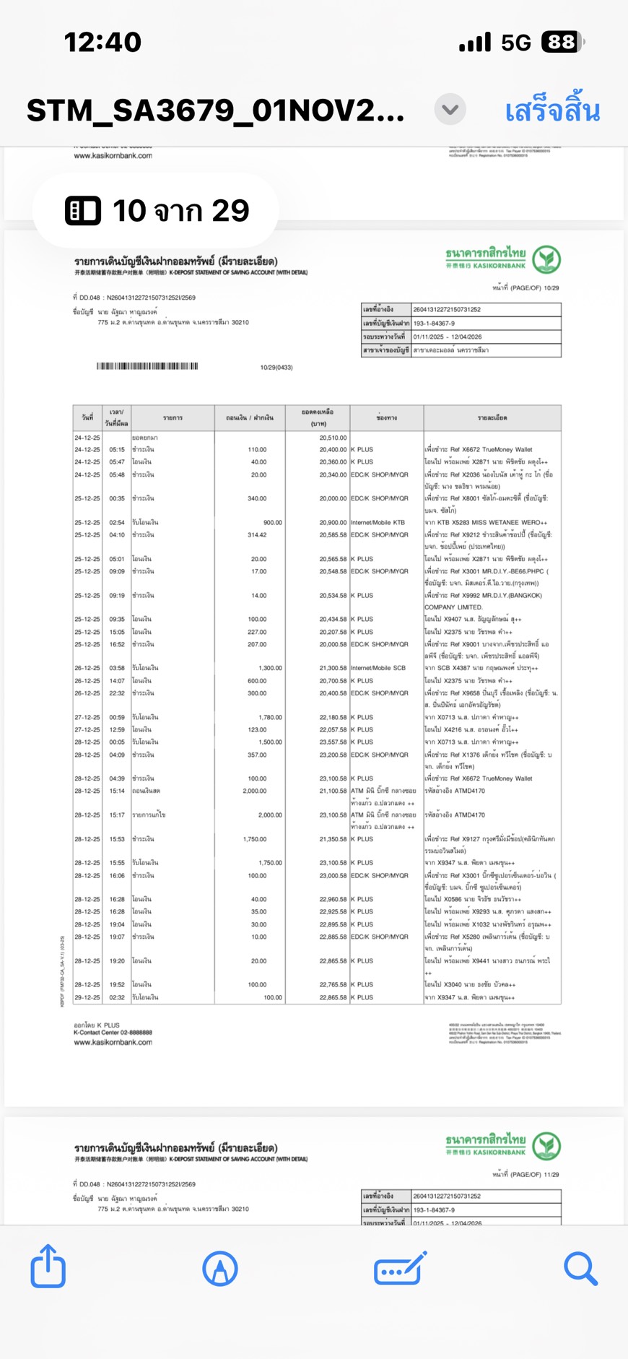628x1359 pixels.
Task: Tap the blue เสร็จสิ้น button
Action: coord(551,111)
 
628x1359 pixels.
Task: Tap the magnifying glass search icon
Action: coord(580,1268)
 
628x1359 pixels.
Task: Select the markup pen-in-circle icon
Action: coord(220,1268)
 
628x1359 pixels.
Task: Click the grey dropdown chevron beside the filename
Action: coord(450,110)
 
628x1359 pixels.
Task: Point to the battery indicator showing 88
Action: coord(562,43)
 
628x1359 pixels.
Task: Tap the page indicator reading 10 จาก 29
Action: coord(156,211)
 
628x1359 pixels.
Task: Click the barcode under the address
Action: coord(147,366)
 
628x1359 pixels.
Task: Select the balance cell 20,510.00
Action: coord(333,438)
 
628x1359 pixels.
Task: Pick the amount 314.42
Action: coord(256,535)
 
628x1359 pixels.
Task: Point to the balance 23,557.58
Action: coord(333,742)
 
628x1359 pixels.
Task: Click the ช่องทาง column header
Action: coord(386,418)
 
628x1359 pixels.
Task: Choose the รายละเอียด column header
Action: coord(492,418)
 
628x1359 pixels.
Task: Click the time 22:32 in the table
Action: coord(117,693)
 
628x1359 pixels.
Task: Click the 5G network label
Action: coord(516,43)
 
